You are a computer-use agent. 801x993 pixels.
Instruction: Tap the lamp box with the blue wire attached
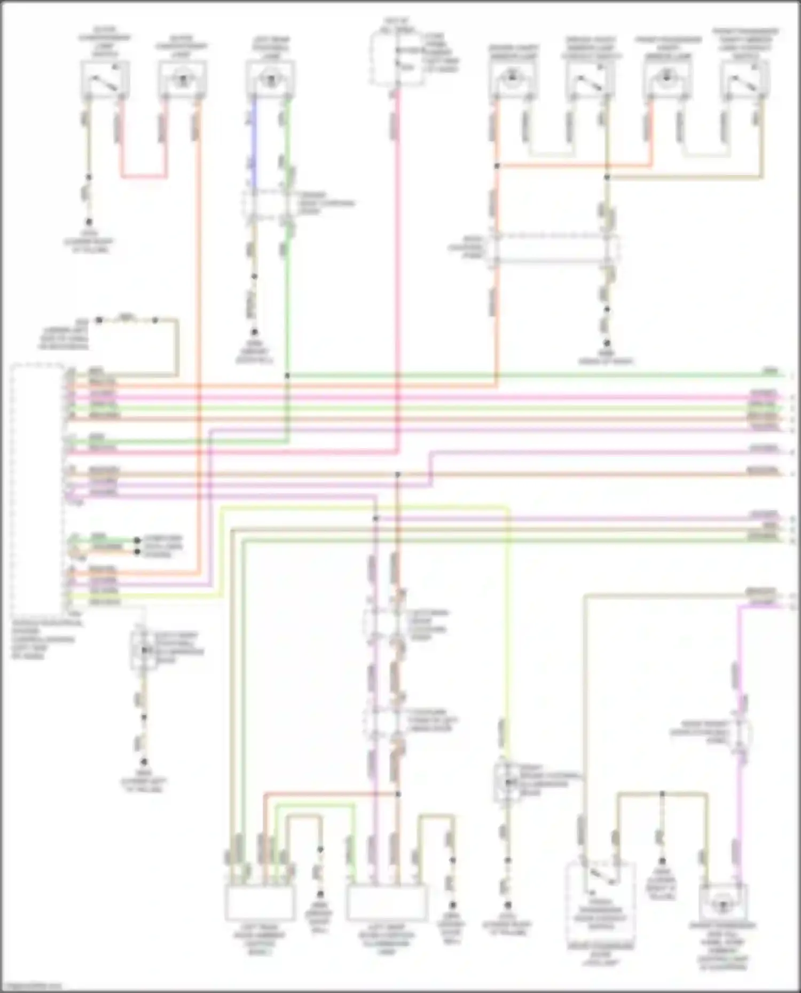(270, 79)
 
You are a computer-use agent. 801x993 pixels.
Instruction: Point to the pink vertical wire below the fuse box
(398, 267)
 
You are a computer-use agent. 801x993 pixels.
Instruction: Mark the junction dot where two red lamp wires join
(497, 166)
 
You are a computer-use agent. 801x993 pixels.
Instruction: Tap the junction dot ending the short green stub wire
(137, 540)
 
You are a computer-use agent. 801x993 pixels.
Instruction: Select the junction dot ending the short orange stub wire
(137, 551)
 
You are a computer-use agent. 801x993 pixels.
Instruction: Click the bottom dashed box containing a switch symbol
(600, 890)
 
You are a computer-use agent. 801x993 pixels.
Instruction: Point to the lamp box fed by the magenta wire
(723, 903)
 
